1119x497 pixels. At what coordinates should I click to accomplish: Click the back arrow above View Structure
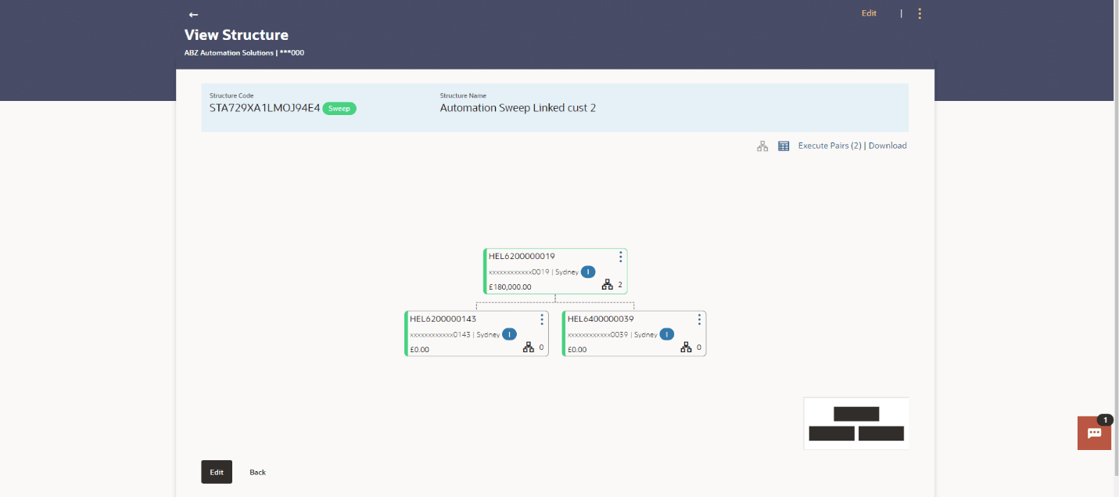(193, 15)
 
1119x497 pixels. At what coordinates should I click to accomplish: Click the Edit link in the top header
(869, 13)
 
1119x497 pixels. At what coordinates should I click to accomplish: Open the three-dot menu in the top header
(920, 13)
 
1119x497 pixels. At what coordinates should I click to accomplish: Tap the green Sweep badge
(339, 109)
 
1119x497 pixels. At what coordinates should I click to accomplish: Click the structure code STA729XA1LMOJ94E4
(264, 108)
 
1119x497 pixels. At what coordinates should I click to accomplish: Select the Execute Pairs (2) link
(829, 146)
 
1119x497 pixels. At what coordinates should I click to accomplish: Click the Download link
(888, 146)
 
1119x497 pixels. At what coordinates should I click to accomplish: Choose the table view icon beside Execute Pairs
(784, 146)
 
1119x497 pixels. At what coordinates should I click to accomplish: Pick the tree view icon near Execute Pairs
(762, 146)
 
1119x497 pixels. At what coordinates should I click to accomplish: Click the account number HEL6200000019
(522, 256)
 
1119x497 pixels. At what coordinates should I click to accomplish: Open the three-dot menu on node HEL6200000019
(621, 257)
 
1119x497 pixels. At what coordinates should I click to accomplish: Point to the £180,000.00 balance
(510, 287)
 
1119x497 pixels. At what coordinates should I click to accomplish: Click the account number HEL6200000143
(443, 319)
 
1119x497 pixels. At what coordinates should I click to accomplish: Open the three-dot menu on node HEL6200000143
(542, 319)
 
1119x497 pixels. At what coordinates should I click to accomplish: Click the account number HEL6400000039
(601, 319)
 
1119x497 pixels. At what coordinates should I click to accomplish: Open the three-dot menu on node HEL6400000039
(699, 319)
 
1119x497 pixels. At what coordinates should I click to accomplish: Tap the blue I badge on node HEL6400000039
(666, 334)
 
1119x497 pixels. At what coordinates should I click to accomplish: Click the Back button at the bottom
(257, 472)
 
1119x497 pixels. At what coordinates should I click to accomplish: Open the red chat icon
(1094, 433)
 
